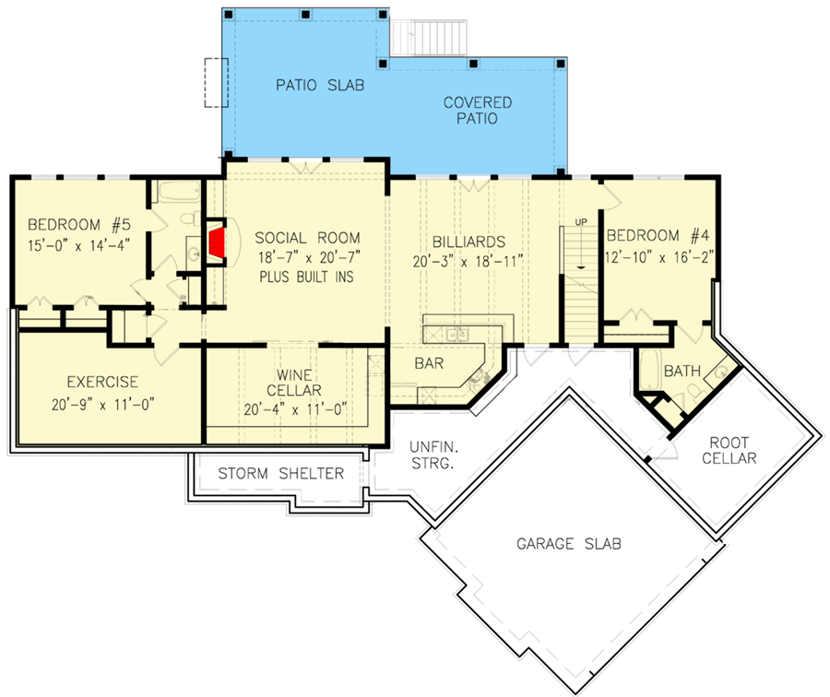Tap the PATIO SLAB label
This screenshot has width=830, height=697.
[x=321, y=86]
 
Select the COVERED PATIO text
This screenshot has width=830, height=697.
[x=477, y=111]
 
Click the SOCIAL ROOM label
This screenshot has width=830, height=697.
[x=308, y=238]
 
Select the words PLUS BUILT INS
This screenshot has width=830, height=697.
[x=308, y=277]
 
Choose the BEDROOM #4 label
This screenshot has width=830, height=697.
[x=656, y=235]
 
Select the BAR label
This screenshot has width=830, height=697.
[x=429, y=363]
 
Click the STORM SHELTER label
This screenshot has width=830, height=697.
[x=280, y=474]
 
